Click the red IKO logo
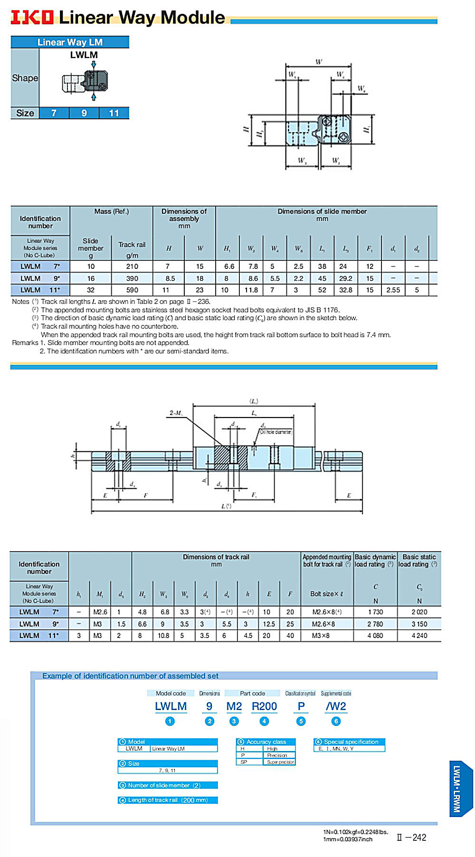click(32, 17)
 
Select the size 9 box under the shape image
click(84, 113)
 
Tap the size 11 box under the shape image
click(114, 113)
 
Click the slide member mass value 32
click(91, 290)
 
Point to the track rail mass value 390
click(132, 278)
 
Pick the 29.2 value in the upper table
click(345, 278)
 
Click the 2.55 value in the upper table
click(393, 290)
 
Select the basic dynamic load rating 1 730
click(375, 612)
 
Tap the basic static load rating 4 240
click(419, 635)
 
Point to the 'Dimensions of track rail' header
click(216, 560)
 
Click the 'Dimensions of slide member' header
click(322, 215)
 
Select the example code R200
click(264, 706)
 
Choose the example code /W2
click(336, 706)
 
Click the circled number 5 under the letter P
click(301, 721)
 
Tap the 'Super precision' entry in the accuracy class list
click(280, 762)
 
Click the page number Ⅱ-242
click(411, 838)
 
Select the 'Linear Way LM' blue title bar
click(70, 42)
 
